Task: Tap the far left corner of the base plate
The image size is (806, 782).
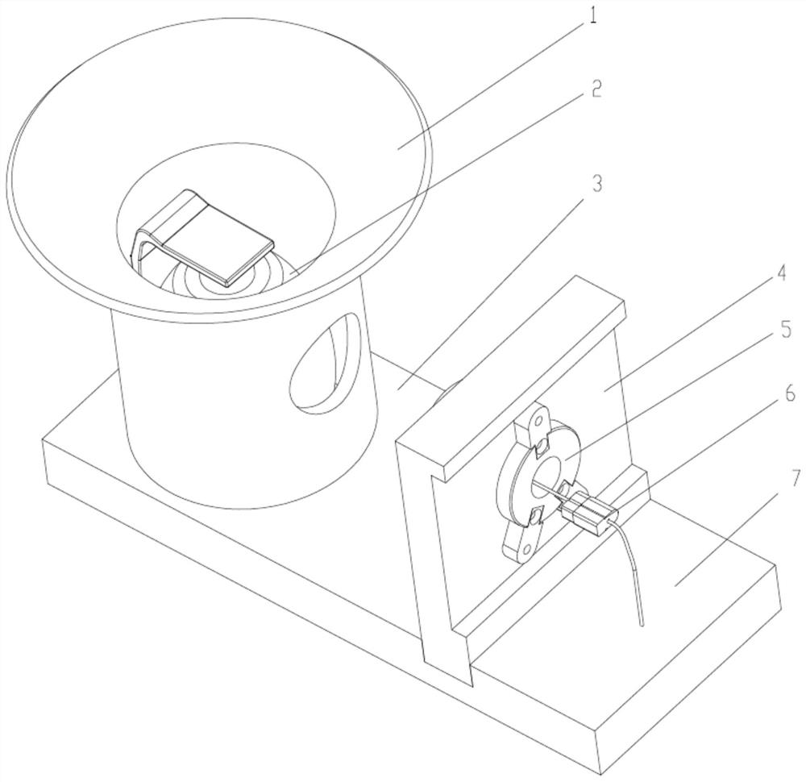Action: [44, 439]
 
